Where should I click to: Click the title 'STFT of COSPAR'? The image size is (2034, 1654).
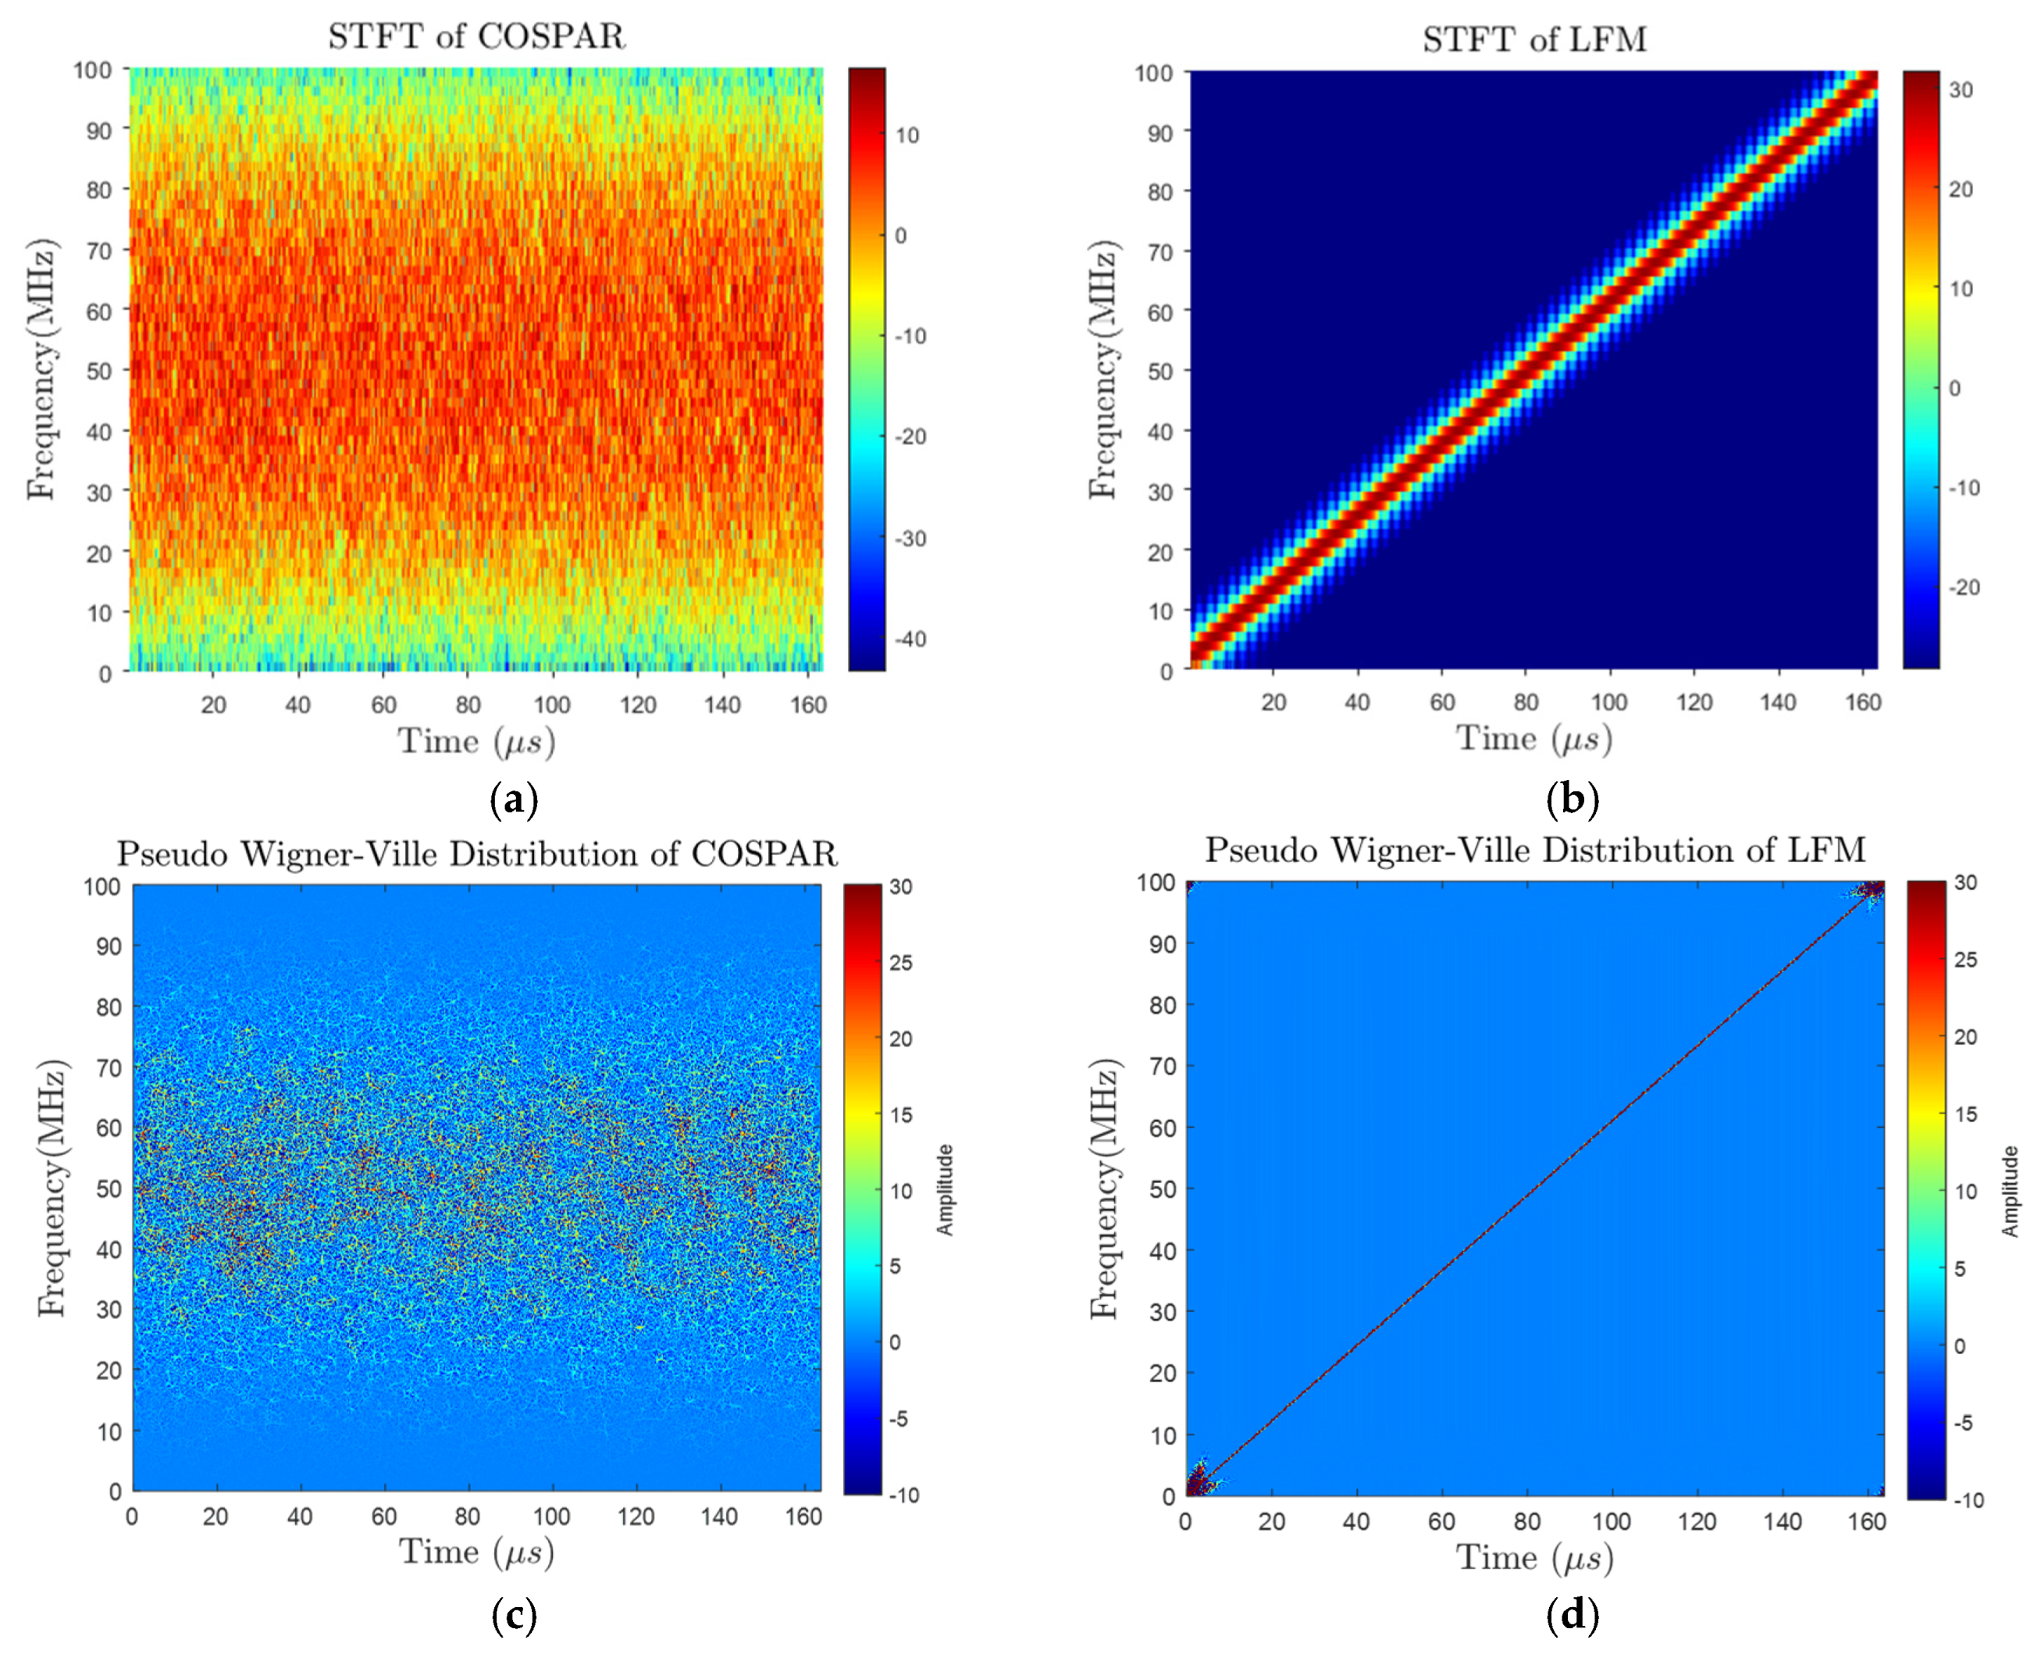pos(476,36)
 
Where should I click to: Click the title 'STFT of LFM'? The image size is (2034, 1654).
pos(1534,39)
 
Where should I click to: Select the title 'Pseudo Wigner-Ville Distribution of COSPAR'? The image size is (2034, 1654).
pos(476,853)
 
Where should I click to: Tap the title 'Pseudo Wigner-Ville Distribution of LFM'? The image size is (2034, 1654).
pos(1534,849)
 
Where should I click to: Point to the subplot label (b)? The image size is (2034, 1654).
pos(1572,798)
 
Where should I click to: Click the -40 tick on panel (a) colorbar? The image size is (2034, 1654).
pos(910,638)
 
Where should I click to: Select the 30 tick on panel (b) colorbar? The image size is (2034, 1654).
pos(1960,90)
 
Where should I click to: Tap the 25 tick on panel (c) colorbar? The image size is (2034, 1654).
pos(900,962)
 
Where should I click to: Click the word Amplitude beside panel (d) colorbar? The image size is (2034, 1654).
pos(2009,1191)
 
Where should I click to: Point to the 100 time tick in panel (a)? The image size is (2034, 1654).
pos(551,705)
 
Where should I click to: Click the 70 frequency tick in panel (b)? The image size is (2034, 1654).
pos(1159,251)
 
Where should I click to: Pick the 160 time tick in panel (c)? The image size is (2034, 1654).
pos(803,1517)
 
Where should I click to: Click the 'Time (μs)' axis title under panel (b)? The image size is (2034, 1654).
pos(1534,740)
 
